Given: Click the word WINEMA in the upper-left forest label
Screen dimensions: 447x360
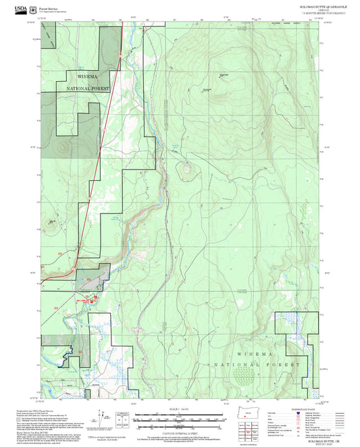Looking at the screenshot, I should click(80, 78).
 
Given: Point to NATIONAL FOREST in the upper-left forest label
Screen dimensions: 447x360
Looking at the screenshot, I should click(88, 88).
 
